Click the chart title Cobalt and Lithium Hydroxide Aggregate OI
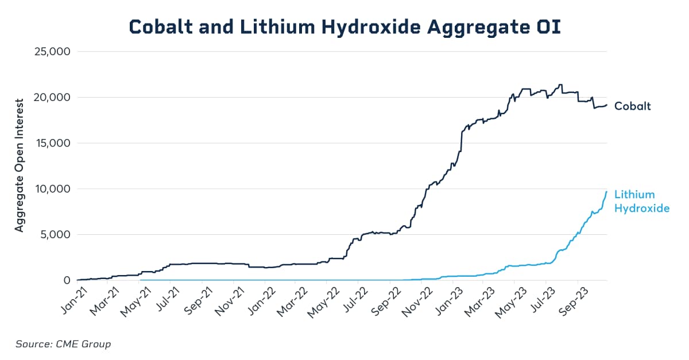[344, 26]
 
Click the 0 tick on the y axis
[66, 280]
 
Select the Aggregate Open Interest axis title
[20, 165]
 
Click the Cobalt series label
[632, 106]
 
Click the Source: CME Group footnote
[63, 344]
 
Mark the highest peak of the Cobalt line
[560, 85]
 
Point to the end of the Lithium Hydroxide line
[607, 191]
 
